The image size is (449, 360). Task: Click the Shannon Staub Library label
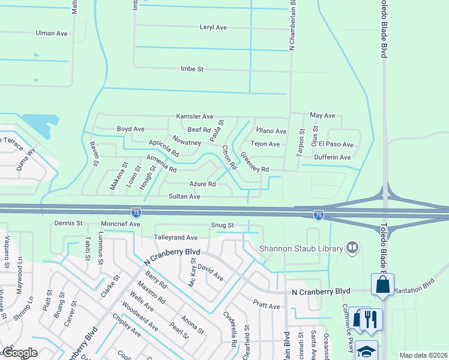[x=301, y=248]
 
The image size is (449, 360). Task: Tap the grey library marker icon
[x=353, y=247]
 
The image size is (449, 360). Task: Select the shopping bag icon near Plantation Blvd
[x=382, y=286]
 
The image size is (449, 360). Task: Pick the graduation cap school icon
[x=366, y=350]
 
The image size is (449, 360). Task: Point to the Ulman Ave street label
[x=52, y=34]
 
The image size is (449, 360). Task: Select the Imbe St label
[x=192, y=70]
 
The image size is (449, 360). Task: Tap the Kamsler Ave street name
[x=194, y=116]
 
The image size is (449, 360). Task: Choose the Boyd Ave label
[x=130, y=129]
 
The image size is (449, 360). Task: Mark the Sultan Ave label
[x=184, y=196]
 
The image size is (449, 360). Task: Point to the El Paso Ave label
[x=336, y=145]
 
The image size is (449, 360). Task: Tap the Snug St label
[x=221, y=225]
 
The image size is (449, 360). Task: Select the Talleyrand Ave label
[x=176, y=238]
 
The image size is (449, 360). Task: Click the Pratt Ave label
[x=266, y=306]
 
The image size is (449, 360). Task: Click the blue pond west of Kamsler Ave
[x=38, y=124]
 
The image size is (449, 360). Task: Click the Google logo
[x=19, y=353]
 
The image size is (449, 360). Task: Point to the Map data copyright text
[x=423, y=355]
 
